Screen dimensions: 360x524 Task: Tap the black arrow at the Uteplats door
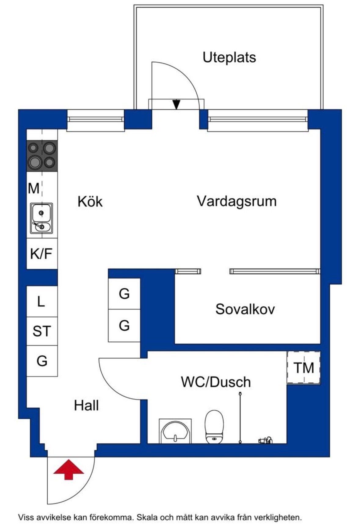(176, 104)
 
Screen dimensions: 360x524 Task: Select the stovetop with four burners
(42, 155)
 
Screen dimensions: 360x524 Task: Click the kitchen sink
(42, 218)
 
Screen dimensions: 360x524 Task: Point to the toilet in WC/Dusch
(214, 427)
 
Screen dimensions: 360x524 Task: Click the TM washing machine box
(304, 368)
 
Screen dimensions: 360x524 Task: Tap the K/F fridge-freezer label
(41, 253)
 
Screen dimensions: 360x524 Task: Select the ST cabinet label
(42, 331)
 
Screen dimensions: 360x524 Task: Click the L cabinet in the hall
(42, 301)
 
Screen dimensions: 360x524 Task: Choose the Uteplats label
(229, 57)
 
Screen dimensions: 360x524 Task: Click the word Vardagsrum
(237, 202)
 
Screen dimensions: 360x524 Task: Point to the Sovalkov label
(245, 309)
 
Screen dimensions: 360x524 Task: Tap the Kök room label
(90, 202)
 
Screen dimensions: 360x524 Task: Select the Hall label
(86, 406)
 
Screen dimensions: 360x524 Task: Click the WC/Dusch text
(216, 382)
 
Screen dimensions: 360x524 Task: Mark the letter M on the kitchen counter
(34, 188)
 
